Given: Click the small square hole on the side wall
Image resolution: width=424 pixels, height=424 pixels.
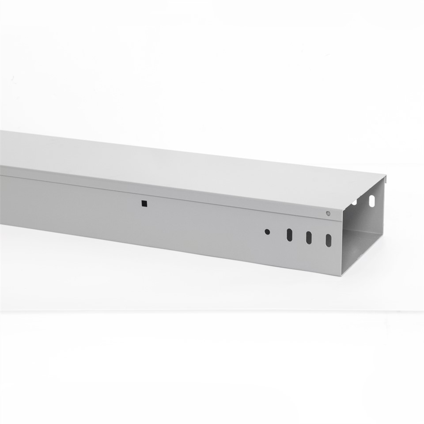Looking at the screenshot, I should point(144,204).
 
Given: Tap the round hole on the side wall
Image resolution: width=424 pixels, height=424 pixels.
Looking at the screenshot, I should point(267,231).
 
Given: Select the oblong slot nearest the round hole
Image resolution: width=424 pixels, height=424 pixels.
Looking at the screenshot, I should point(289,235).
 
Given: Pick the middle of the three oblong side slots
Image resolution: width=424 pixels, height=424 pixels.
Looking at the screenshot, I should point(309,237).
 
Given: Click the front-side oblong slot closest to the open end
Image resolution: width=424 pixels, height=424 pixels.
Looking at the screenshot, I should point(329,240).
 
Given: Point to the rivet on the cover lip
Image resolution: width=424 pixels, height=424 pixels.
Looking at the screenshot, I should point(328,213).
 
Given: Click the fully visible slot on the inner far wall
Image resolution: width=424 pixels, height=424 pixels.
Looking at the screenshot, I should point(371,201).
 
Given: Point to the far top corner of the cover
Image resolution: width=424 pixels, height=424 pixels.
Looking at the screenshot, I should point(387,176).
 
